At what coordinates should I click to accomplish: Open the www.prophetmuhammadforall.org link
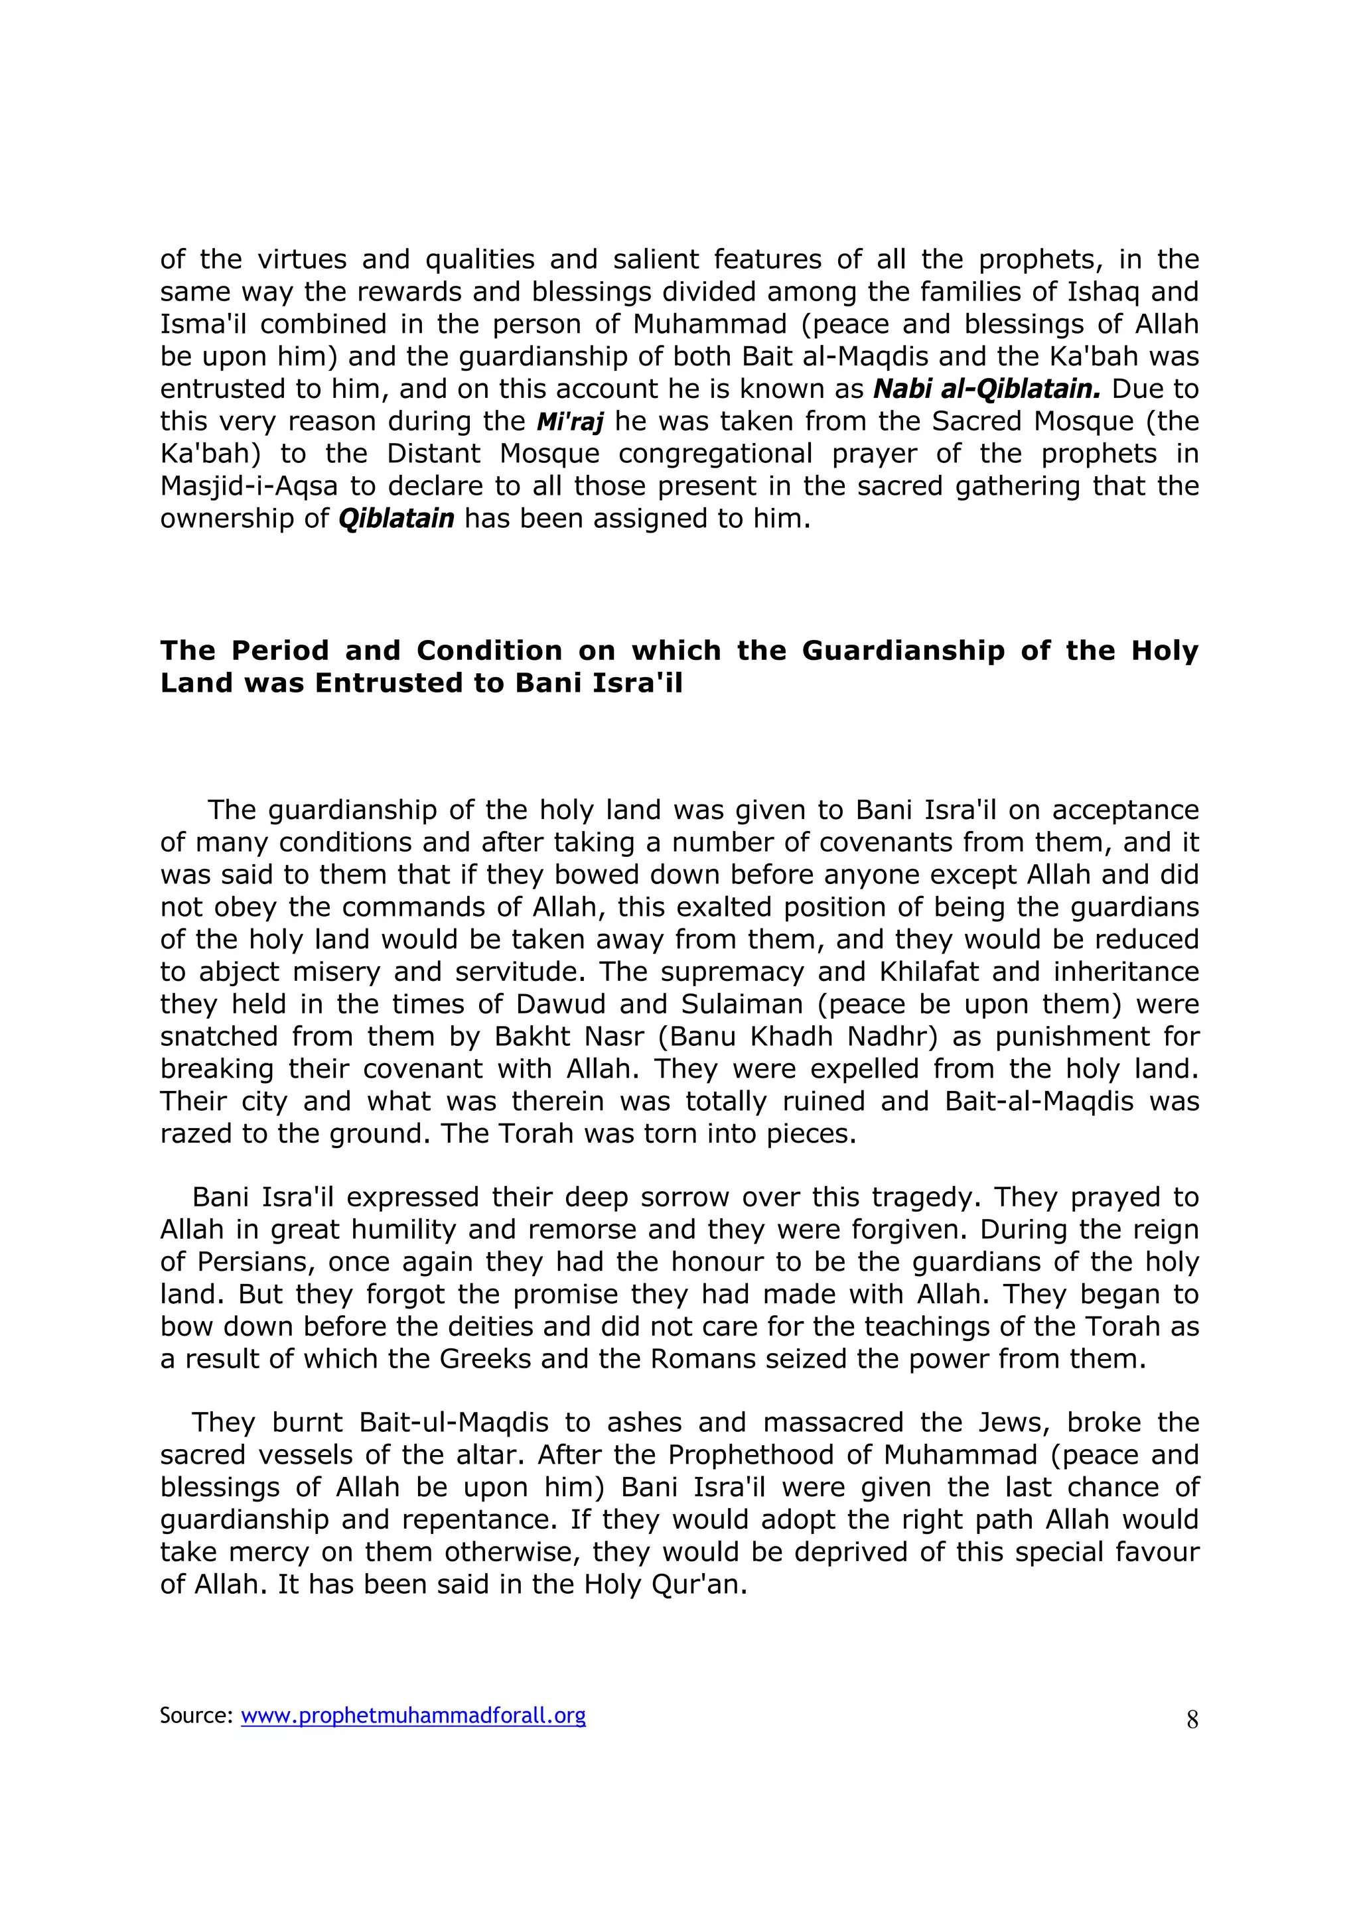[413, 1715]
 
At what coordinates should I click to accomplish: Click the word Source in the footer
[194, 1715]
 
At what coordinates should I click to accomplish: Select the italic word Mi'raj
[569, 422]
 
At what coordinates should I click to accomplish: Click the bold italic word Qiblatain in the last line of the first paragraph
[396, 519]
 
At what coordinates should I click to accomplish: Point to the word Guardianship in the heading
[902, 651]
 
